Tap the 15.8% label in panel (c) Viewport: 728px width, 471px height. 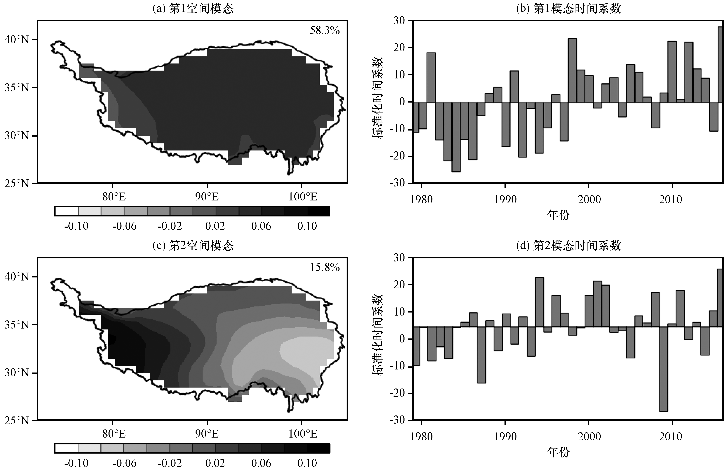point(325,267)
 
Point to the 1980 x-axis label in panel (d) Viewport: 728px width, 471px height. point(421,436)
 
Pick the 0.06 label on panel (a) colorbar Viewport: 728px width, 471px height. point(261,226)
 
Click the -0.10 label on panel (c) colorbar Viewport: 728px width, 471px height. point(76,463)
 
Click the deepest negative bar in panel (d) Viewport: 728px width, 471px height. point(664,369)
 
